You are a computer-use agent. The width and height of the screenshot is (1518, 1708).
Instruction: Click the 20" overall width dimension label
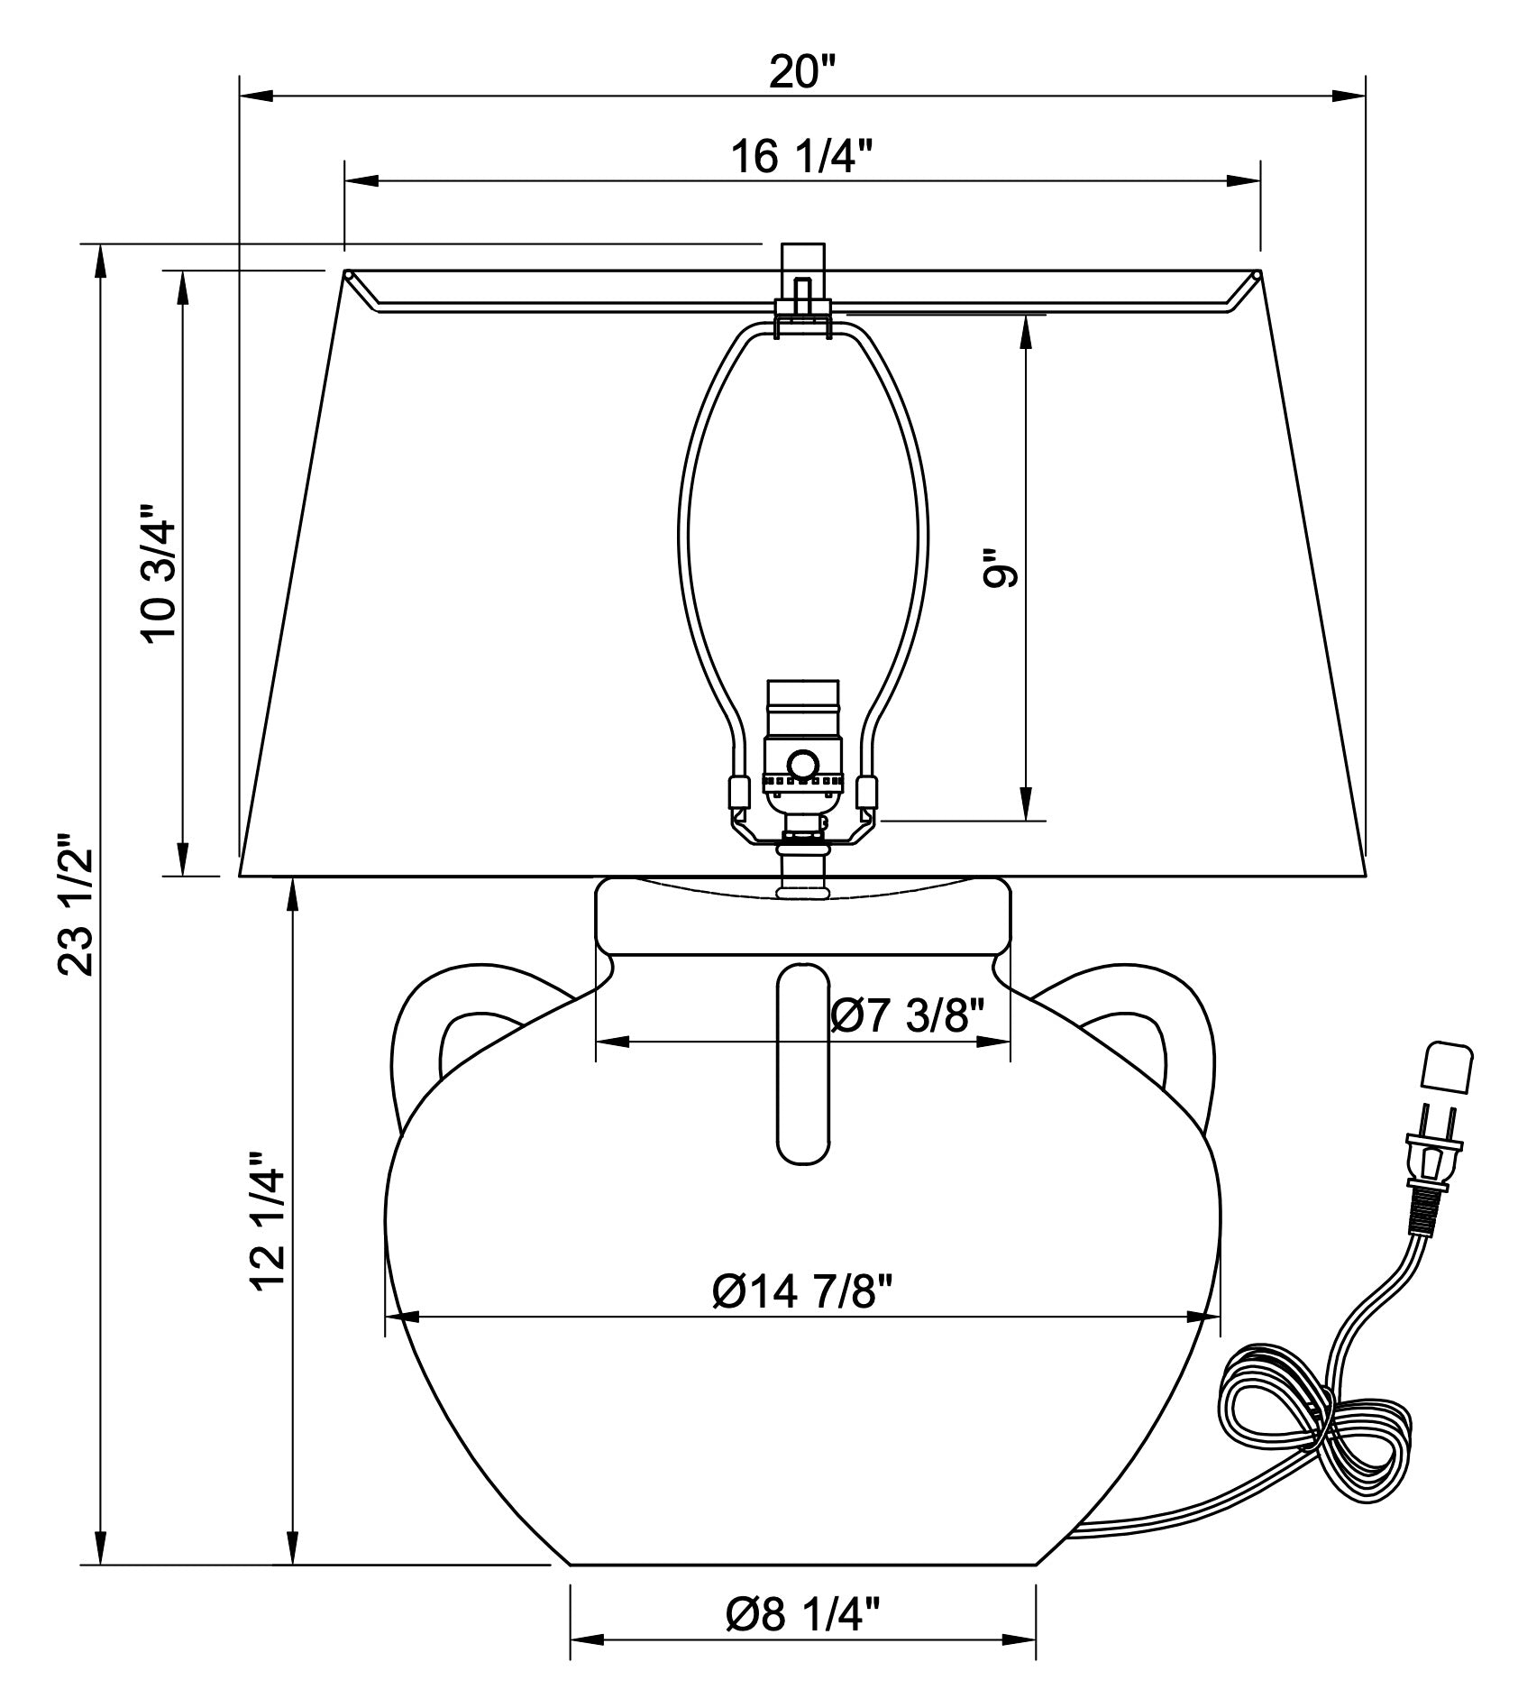tap(803, 72)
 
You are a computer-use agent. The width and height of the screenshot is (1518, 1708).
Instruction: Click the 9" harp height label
tap(1000, 567)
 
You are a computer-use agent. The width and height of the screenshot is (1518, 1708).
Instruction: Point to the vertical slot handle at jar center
tap(803, 1064)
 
